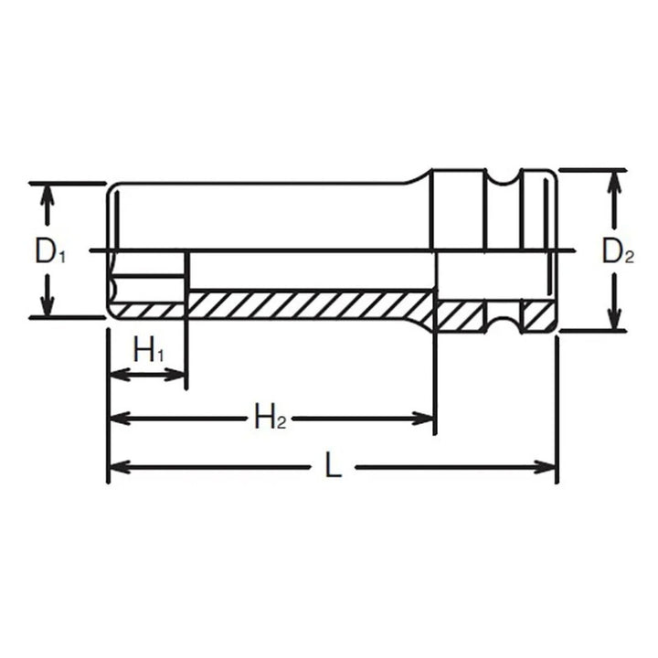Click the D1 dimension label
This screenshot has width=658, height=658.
(x=50, y=250)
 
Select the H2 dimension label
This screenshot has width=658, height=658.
(x=271, y=419)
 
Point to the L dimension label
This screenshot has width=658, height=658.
(x=334, y=468)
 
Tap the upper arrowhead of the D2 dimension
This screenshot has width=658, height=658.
(x=615, y=179)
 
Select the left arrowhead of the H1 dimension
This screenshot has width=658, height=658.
(x=116, y=375)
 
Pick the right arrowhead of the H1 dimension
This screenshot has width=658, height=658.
(x=178, y=375)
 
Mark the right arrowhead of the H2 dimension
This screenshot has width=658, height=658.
(x=425, y=419)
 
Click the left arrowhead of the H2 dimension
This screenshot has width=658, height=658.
(x=116, y=419)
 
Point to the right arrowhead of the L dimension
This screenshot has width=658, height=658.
(x=547, y=468)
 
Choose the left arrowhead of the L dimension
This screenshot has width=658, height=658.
(x=116, y=468)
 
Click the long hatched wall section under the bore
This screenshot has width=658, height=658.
(x=311, y=304)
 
